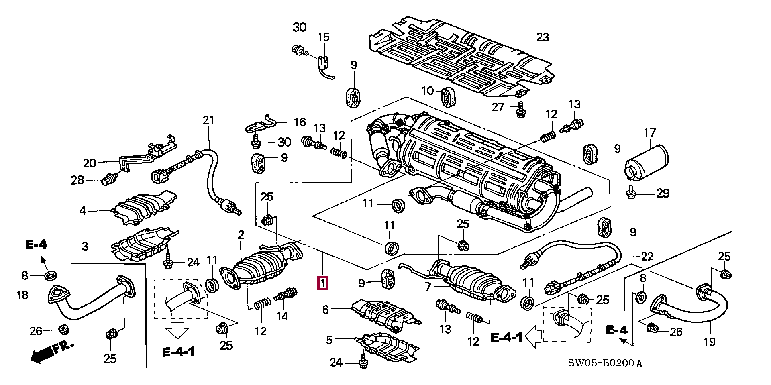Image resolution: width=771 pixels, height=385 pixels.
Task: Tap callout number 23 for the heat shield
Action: (543, 37)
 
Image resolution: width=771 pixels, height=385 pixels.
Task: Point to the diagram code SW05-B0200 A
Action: (605, 364)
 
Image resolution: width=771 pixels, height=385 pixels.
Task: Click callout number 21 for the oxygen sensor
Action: (209, 120)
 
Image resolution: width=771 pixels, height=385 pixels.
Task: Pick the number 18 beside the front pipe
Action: (22, 295)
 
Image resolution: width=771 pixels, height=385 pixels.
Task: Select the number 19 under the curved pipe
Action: (710, 342)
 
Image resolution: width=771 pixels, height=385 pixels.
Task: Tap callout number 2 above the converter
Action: (241, 235)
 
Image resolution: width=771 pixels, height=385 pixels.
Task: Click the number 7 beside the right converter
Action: (428, 287)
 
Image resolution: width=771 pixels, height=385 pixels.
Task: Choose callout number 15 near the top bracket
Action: (324, 37)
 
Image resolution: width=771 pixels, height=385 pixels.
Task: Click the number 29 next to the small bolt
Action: (663, 193)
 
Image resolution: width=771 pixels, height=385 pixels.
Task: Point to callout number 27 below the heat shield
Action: (498, 107)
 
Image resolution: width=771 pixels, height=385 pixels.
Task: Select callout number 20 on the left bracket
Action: (90, 163)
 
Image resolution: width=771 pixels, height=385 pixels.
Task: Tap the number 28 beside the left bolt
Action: (78, 180)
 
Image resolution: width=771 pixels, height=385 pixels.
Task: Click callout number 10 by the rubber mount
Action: (428, 91)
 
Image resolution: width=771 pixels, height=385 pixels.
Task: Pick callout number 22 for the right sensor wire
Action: (647, 256)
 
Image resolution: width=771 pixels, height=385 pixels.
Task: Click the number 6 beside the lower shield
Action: (326, 310)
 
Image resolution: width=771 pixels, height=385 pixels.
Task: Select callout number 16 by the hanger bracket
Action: (300, 122)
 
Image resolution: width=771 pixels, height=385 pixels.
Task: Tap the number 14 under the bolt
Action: (282, 316)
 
